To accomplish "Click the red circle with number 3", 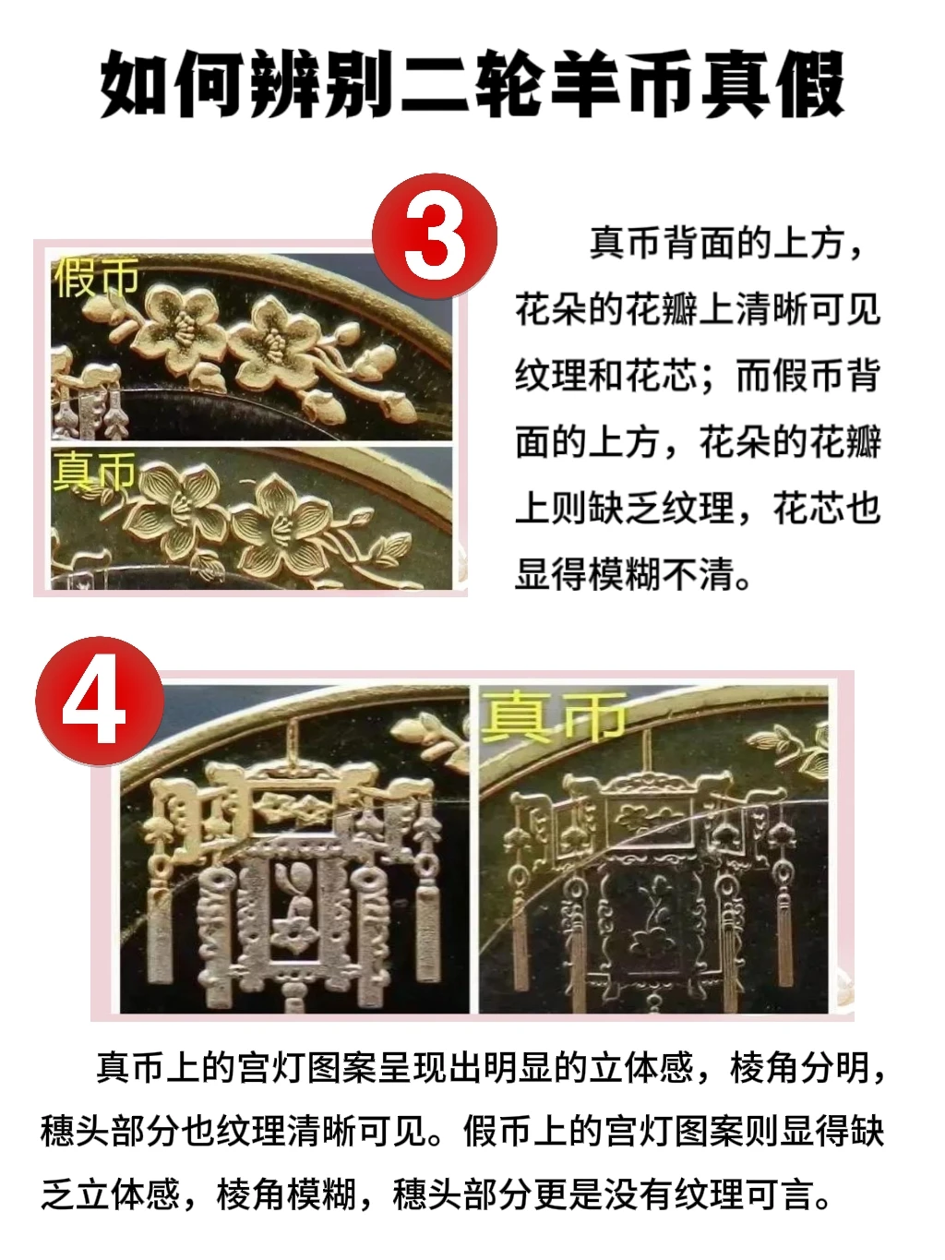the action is click(x=434, y=236).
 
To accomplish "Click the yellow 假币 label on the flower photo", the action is click(x=96, y=277).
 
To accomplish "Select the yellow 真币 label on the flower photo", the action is click(x=94, y=471).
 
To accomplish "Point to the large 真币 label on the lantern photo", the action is click(x=553, y=717).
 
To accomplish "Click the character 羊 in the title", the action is click(x=586, y=84).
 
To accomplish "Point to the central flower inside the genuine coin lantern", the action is click(x=652, y=942).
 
